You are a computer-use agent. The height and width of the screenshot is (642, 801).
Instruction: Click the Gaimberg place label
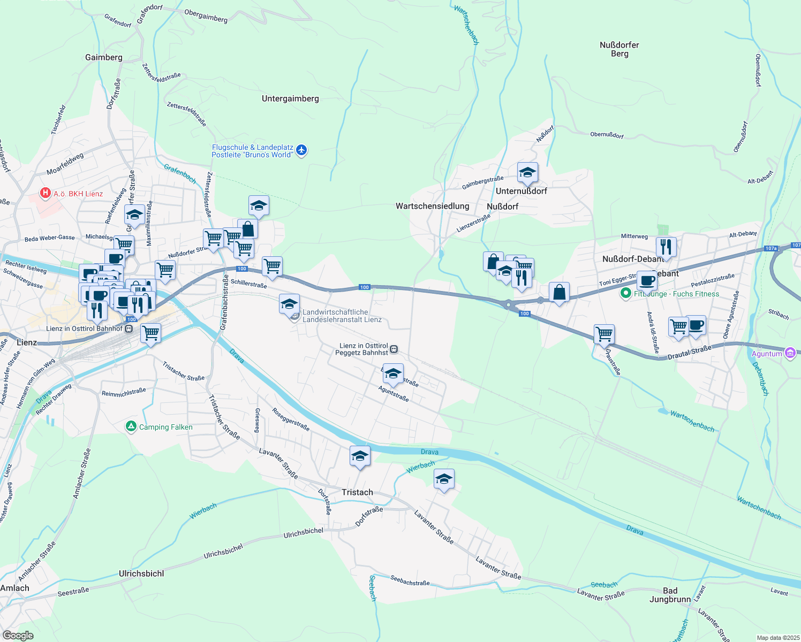(103, 57)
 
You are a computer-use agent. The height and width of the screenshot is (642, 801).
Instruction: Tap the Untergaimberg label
(290, 98)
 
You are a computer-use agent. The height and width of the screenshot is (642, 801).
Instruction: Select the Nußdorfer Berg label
(619, 49)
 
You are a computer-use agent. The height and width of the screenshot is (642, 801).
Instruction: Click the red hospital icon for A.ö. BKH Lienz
(46, 193)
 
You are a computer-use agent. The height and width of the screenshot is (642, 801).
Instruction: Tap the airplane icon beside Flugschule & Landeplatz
(301, 150)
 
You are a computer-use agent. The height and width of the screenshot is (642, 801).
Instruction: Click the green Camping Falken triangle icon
(131, 426)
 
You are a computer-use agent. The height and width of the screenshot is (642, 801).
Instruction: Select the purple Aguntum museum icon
(790, 353)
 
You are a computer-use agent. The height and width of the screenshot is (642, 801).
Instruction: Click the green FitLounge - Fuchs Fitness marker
(625, 294)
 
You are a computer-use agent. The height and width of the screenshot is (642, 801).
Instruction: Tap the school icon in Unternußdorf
(527, 173)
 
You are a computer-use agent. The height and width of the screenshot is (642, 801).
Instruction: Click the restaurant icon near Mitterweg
(666, 247)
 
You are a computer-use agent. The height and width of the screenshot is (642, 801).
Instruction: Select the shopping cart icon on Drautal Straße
(604, 334)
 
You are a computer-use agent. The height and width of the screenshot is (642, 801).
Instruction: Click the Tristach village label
(357, 492)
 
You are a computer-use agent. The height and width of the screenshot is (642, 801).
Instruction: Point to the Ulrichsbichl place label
(141, 574)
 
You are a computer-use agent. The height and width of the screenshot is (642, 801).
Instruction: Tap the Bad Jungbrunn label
(670, 595)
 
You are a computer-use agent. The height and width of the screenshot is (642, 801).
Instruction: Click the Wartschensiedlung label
(432, 206)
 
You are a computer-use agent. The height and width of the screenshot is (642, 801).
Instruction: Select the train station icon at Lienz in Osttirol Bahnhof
(129, 328)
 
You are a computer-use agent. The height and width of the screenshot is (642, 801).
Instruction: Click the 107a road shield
(770, 248)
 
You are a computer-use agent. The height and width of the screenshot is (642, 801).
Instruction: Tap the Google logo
(18, 636)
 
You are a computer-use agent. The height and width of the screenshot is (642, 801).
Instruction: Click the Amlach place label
(15, 588)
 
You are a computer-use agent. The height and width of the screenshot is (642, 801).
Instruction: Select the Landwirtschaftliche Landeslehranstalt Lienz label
(342, 316)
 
